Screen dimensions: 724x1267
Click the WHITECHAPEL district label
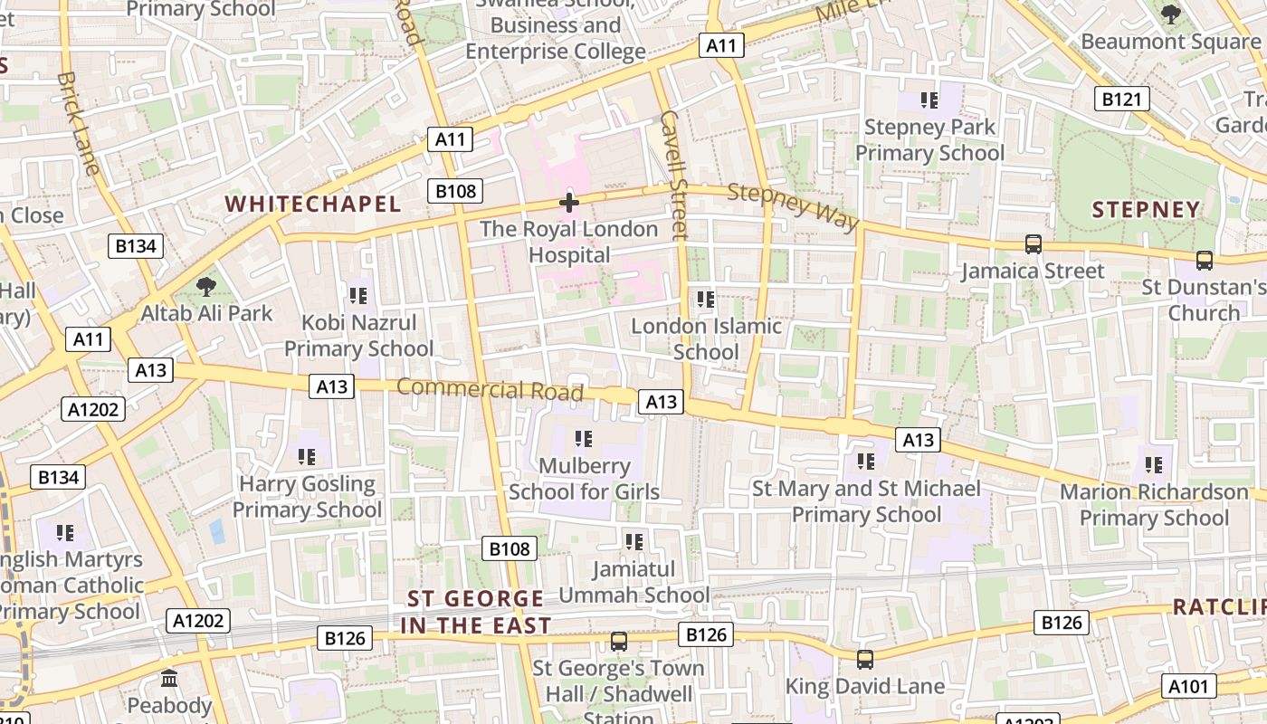[312, 204]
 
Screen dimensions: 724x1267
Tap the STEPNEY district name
[1146, 210]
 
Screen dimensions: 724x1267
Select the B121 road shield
[1122, 99]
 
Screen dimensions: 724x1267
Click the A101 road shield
[1188, 686]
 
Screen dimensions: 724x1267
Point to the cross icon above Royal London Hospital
[568, 203]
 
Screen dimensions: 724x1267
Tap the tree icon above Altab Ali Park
[206, 287]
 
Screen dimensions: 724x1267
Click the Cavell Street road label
[675, 174]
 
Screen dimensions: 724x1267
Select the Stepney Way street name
[792, 205]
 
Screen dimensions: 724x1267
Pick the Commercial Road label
[490, 389]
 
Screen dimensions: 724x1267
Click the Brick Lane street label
[77, 123]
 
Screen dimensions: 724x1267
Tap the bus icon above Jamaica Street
[1033, 244]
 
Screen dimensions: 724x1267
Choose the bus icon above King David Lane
[865, 660]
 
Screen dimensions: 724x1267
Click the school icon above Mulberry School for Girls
[584, 440]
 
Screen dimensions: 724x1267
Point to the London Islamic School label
[706, 338]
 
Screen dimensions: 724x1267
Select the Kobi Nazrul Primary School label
[359, 335]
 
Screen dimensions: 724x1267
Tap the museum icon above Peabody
[169, 678]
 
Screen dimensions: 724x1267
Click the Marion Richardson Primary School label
[1154, 505]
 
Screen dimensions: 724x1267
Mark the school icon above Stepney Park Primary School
[929, 100]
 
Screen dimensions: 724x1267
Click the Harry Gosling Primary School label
[307, 496]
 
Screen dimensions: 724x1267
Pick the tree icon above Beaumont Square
[1170, 14]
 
